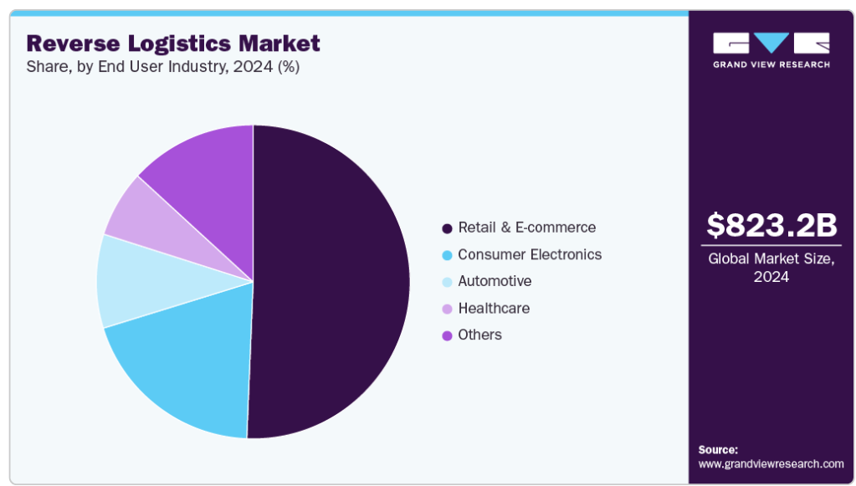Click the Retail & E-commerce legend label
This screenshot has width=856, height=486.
[527, 228]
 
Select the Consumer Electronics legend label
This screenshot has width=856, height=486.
[530, 254]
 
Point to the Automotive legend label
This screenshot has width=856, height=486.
[495, 281]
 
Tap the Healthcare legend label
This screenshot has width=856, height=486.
[494, 308]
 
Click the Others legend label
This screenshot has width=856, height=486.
[479, 335]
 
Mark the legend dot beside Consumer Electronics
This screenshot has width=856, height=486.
[447, 255]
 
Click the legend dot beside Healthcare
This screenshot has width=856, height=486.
[447, 309]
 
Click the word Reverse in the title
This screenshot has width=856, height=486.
[73, 43]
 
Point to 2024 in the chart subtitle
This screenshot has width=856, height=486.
[253, 67]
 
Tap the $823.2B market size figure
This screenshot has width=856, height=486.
[771, 225]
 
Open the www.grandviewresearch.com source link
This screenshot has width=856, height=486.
[771, 463]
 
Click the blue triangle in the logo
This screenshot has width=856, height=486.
[771, 43]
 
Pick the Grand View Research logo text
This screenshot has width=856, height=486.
[771, 64]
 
